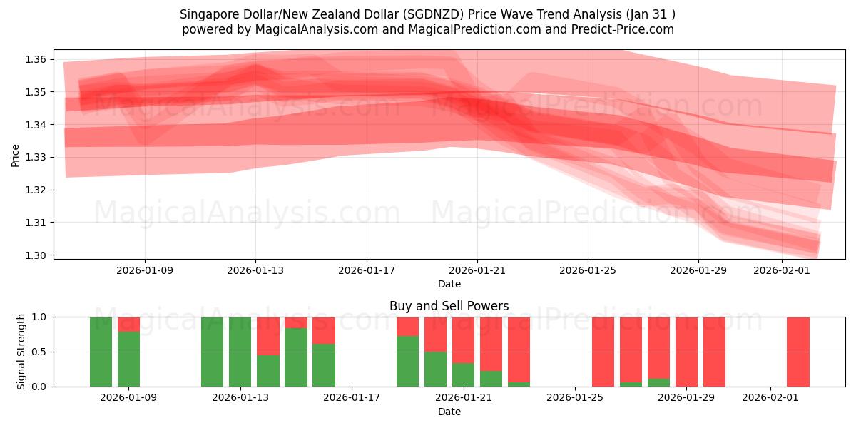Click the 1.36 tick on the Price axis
point(36,59)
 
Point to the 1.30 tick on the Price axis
point(36,255)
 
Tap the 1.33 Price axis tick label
point(36,158)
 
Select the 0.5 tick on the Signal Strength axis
point(41,352)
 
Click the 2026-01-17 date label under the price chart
point(367,270)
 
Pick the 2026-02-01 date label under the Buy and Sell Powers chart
point(770,398)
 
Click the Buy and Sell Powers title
point(449,306)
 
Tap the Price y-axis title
point(16,155)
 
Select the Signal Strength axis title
point(21,352)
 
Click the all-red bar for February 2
point(798,352)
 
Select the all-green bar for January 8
point(101,352)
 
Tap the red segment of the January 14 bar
point(268,335)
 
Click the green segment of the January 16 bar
point(324,365)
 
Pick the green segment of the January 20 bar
point(435,370)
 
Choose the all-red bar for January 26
point(603,352)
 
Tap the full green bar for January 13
point(240,352)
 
